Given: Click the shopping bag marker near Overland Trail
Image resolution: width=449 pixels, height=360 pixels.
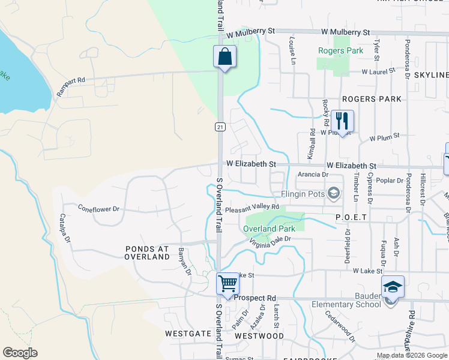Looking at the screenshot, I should point(224,58).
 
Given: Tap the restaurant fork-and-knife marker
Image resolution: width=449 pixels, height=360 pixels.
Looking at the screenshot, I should point(342,121).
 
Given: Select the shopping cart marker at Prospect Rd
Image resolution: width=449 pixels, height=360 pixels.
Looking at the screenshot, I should point(228,284).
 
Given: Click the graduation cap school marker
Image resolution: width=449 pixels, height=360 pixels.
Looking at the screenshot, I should point(393,289).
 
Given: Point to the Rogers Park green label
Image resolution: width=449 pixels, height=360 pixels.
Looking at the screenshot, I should point(340,51).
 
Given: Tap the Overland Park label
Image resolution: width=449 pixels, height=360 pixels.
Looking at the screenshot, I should point(269,229).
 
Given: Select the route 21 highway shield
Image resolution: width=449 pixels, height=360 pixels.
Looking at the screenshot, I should point(220,127).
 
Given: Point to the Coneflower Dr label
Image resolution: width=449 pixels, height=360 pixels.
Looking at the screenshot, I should point(99,209).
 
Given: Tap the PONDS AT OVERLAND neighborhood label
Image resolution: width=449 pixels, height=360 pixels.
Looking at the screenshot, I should point(147,253).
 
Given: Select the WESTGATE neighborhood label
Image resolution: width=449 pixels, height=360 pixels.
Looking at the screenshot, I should point(184,332).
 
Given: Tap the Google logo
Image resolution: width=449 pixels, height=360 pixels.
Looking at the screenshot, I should point(20,353).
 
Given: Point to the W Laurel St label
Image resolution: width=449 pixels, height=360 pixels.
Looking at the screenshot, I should point(378,71).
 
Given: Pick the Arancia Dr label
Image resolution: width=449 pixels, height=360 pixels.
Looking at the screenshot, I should point(313,175).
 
